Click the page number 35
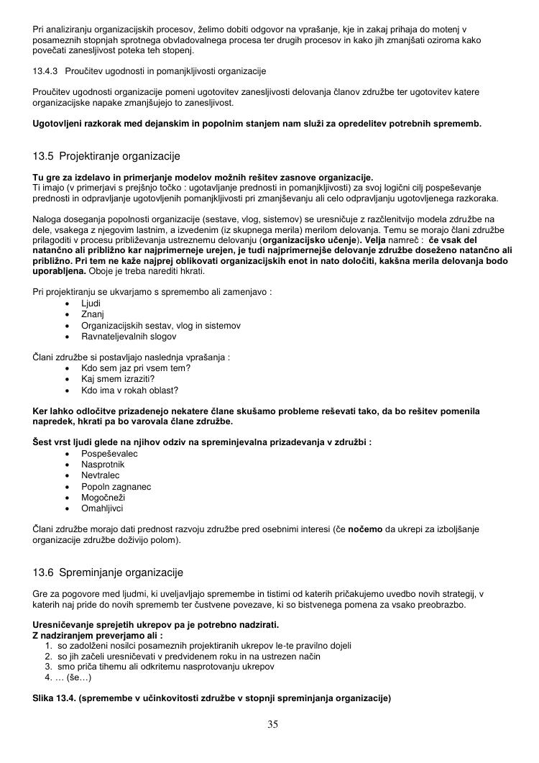pos(272,724)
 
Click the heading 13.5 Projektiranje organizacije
pos(106,156)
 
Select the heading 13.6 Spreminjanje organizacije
pos(108,572)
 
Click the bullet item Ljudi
pos(91,303)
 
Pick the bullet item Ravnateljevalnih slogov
pos(129,336)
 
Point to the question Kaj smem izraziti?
pos(118,379)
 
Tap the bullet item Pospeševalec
pos(109,454)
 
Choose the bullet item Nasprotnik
pos(103,465)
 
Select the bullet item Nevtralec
pos(101,475)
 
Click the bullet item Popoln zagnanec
pos(116,487)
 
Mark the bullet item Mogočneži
pos(103,498)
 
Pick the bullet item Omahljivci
pos(103,508)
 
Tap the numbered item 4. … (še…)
pos(68,677)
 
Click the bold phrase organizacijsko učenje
pos(313,239)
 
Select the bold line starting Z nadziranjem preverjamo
pos(98,636)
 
